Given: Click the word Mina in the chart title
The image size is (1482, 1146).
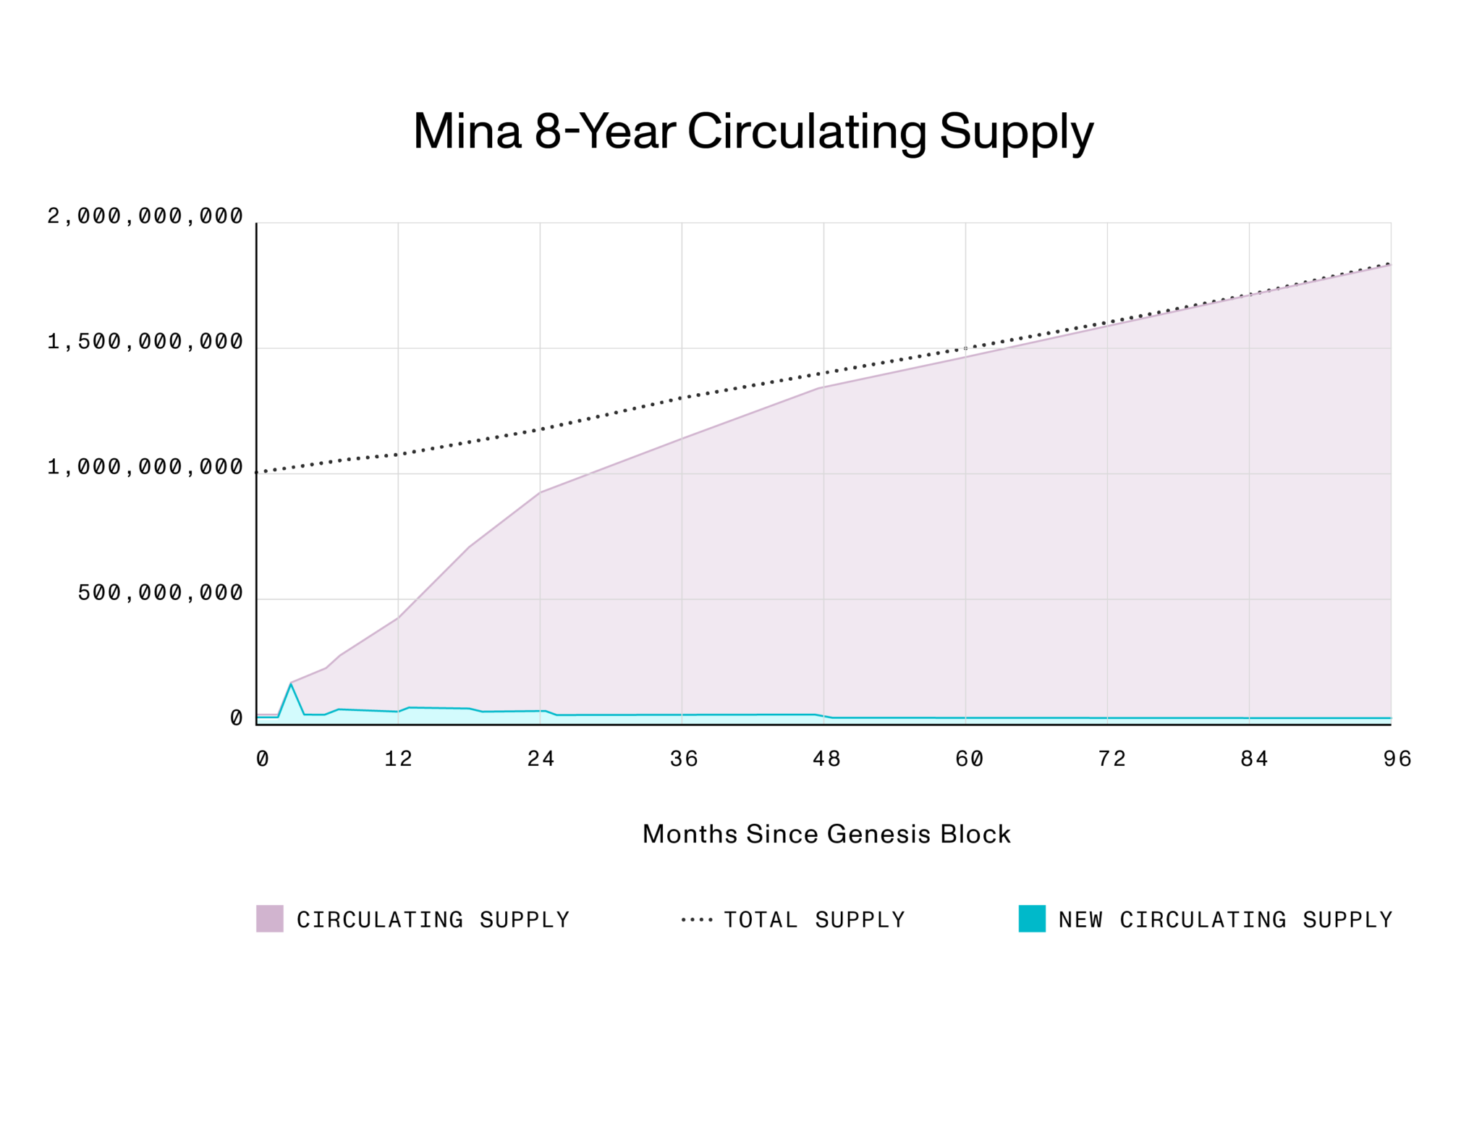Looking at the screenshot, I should click(x=467, y=132).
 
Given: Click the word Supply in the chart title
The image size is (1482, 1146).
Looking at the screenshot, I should click(x=1016, y=132).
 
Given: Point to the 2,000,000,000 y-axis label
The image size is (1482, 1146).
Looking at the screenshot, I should click(x=145, y=216).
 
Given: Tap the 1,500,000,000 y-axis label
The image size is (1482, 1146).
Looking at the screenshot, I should click(x=145, y=342).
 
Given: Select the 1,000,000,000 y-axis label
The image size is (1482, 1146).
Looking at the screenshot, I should click(x=145, y=467).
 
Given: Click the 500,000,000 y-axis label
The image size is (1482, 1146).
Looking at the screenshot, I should click(x=161, y=593).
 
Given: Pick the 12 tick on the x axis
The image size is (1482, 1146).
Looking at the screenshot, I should click(x=398, y=759).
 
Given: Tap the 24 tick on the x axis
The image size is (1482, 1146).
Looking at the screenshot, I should click(x=541, y=759).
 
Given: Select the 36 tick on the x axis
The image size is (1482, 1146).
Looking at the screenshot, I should click(x=683, y=759).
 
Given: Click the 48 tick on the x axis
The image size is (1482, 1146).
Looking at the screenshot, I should click(x=826, y=759).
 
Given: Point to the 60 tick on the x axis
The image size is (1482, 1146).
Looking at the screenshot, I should click(x=968, y=759).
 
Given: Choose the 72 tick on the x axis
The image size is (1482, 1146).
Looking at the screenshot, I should click(x=1111, y=759).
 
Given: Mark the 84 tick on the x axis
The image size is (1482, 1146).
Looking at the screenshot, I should click(x=1253, y=759).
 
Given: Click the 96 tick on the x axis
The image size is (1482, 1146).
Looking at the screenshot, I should click(x=1397, y=759).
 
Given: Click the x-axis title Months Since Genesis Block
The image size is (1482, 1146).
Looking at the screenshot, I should click(x=826, y=834).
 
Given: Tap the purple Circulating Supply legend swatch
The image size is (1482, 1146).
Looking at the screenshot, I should click(x=270, y=918).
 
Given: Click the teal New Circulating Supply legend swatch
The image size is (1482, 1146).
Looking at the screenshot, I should click(x=1032, y=918).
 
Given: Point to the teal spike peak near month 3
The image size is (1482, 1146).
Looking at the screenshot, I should click(x=291, y=683).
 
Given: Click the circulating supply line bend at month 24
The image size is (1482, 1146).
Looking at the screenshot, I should click(x=541, y=492).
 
